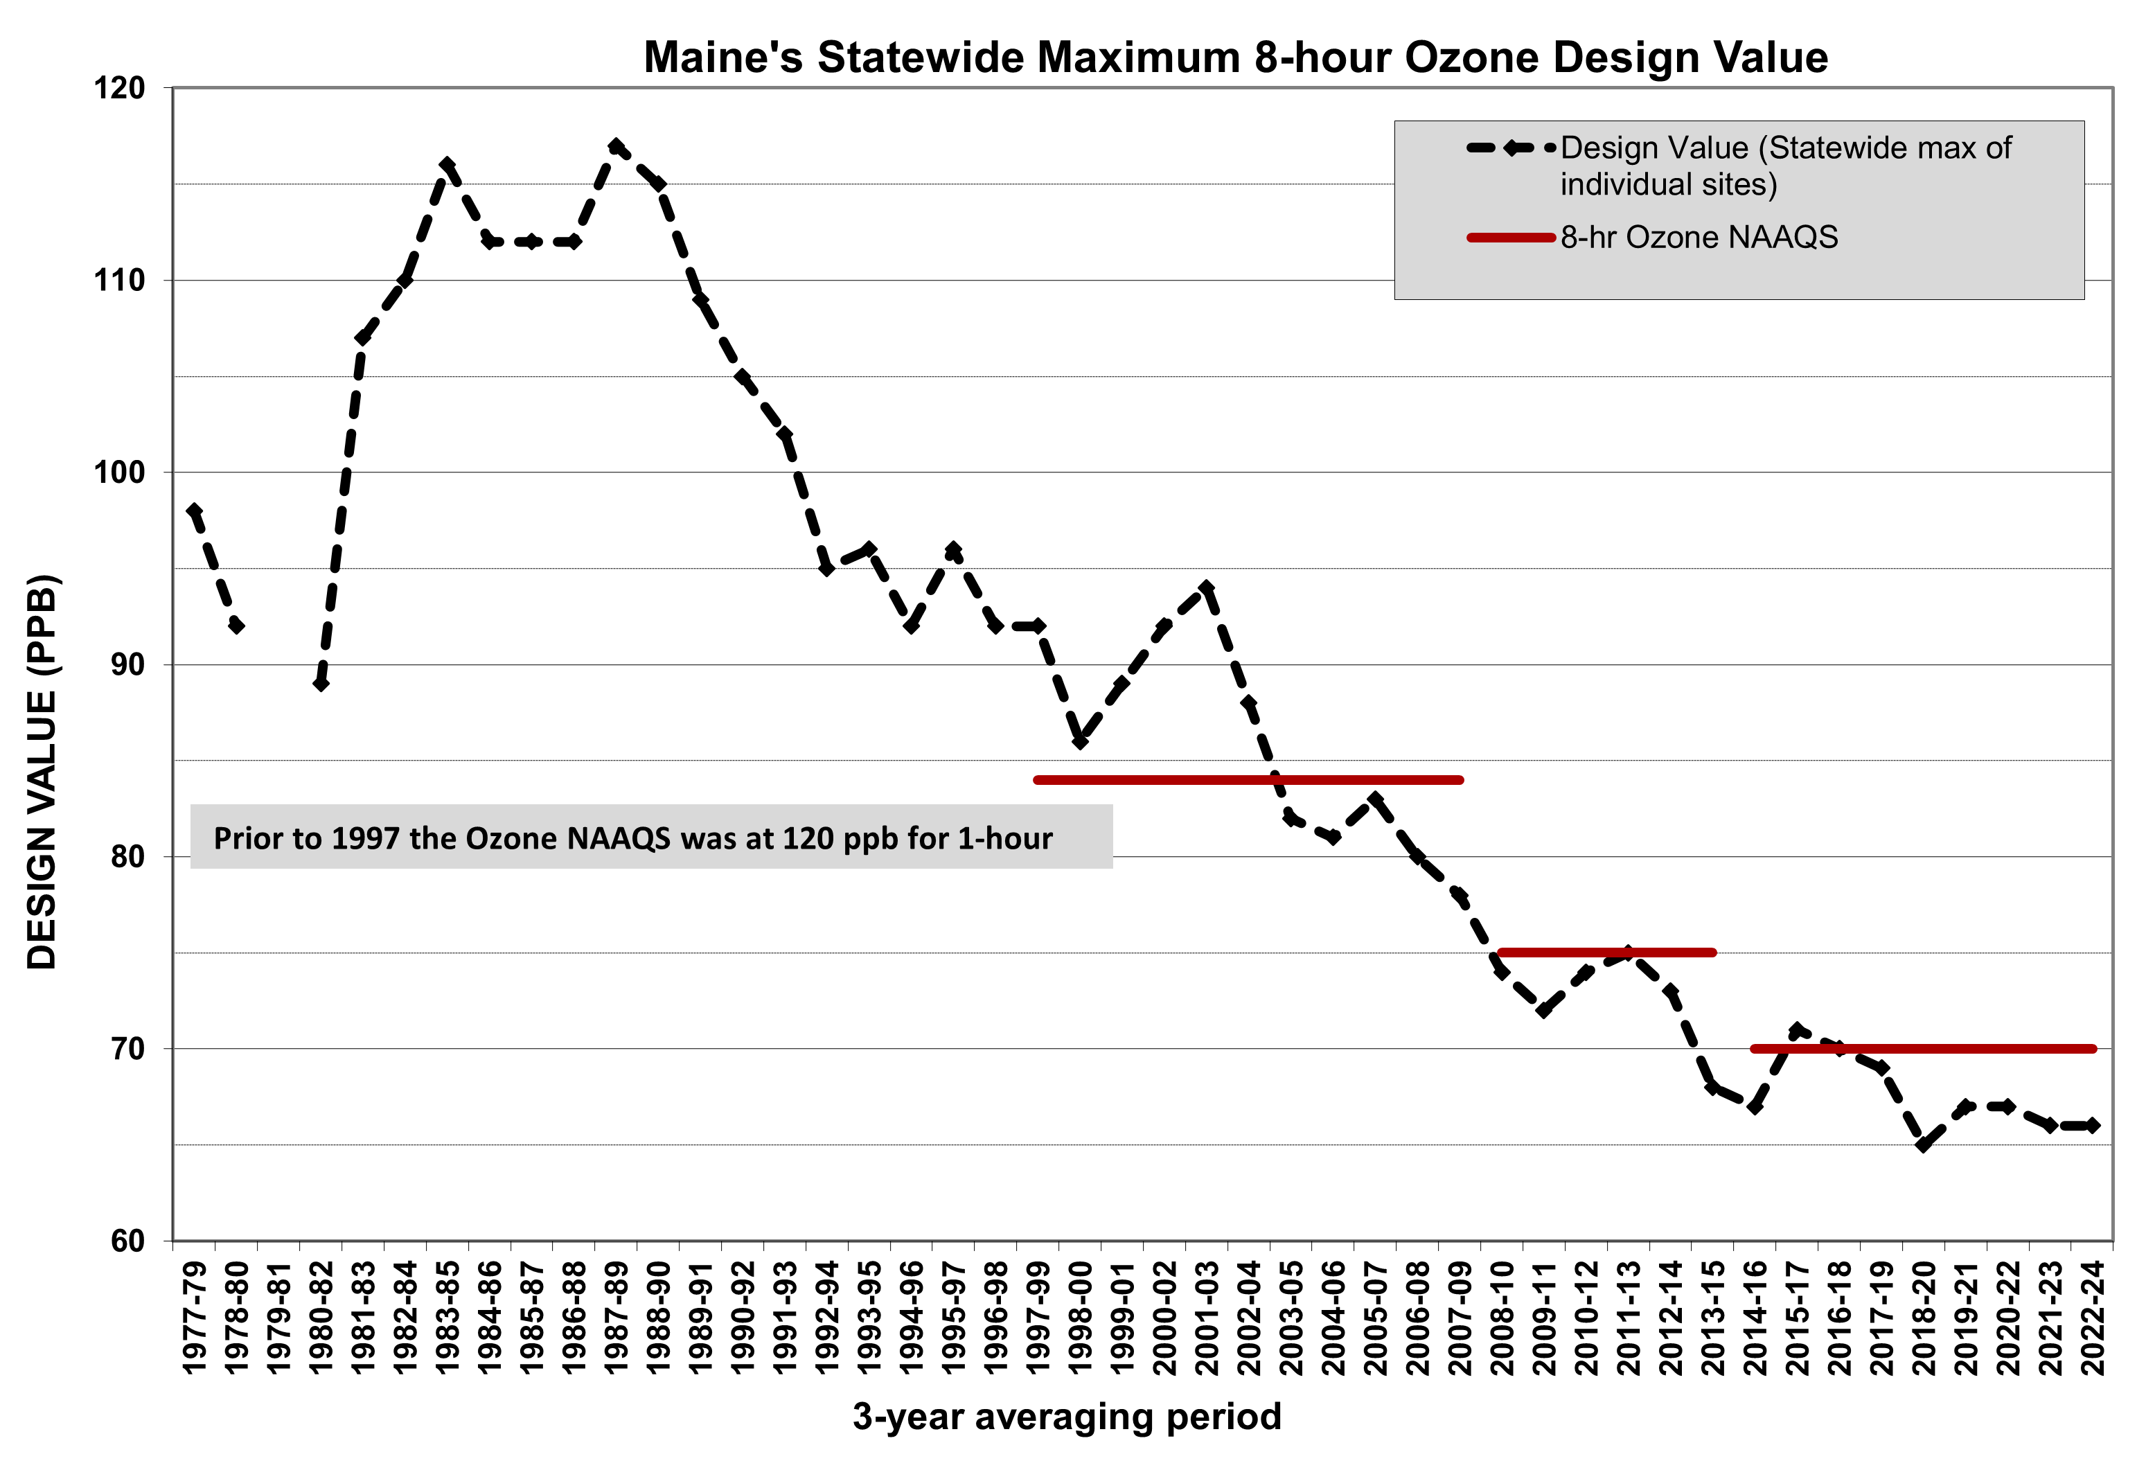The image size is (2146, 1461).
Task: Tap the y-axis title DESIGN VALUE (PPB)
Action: click(x=42, y=772)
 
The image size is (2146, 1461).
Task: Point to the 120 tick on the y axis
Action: click(x=120, y=89)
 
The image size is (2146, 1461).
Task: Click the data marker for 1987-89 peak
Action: click(x=617, y=146)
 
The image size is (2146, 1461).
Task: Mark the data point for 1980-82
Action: click(x=321, y=684)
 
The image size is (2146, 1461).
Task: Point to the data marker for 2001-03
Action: click(x=1207, y=587)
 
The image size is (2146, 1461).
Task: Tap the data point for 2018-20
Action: click(x=1924, y=1144)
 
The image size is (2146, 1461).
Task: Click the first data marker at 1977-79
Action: click(x=195, y=511)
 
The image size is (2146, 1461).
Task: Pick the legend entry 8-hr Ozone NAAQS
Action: click(x=1699, y=238)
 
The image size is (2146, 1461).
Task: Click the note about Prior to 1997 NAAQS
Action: click(x=632, y=838)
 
